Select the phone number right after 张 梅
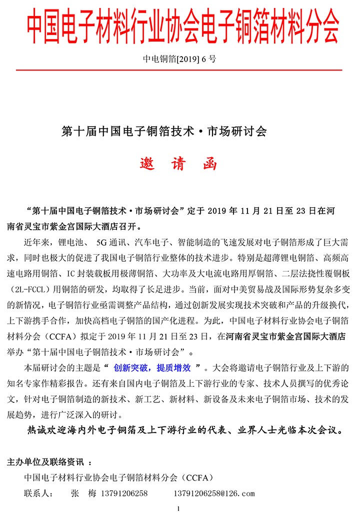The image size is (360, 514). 124,493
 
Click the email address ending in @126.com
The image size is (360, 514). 214,493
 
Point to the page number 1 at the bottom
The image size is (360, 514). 178,508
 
